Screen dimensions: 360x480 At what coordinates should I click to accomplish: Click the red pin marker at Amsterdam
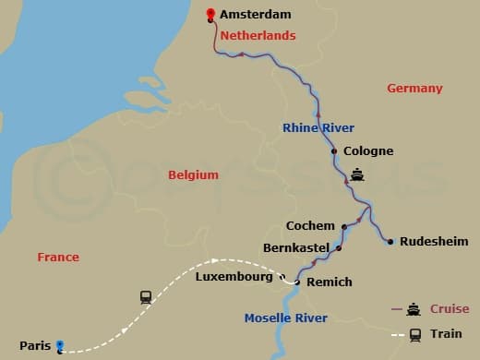tap(211, 15)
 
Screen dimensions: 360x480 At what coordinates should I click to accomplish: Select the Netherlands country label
tap(258, 36)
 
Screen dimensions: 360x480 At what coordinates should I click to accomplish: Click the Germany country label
tap(414, 89)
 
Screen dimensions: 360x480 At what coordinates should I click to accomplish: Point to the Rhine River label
tap(318, 128)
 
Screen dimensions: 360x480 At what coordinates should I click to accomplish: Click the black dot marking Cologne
tap(333, 151)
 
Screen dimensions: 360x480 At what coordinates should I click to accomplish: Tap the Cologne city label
tap(367, 151)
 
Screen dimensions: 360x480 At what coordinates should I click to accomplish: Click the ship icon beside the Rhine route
tap(357, 174)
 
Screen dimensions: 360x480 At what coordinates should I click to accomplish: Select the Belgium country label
tap(193, 174)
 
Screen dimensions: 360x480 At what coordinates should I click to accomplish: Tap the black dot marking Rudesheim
tap(390, 242)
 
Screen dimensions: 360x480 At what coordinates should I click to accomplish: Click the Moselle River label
tap(285, 318)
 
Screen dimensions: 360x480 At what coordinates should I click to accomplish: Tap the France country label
tap(58, 258)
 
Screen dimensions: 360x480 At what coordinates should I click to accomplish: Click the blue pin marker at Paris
tap(60, 346)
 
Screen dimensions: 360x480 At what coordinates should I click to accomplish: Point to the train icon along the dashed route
tap(146, 297)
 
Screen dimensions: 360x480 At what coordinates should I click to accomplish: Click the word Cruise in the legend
tap(450, 309)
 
